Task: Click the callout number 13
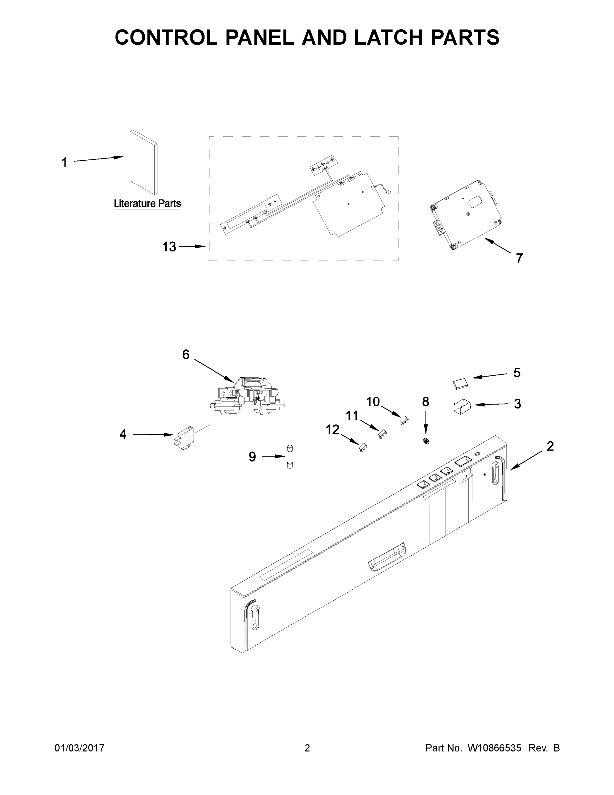(169, 247)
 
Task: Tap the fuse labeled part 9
(290, 456)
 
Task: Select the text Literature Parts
(147, 203)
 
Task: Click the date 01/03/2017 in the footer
(79, 748)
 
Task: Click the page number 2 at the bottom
(307, 748)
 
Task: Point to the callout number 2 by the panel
(550, 446)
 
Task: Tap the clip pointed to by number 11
(382, 433)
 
